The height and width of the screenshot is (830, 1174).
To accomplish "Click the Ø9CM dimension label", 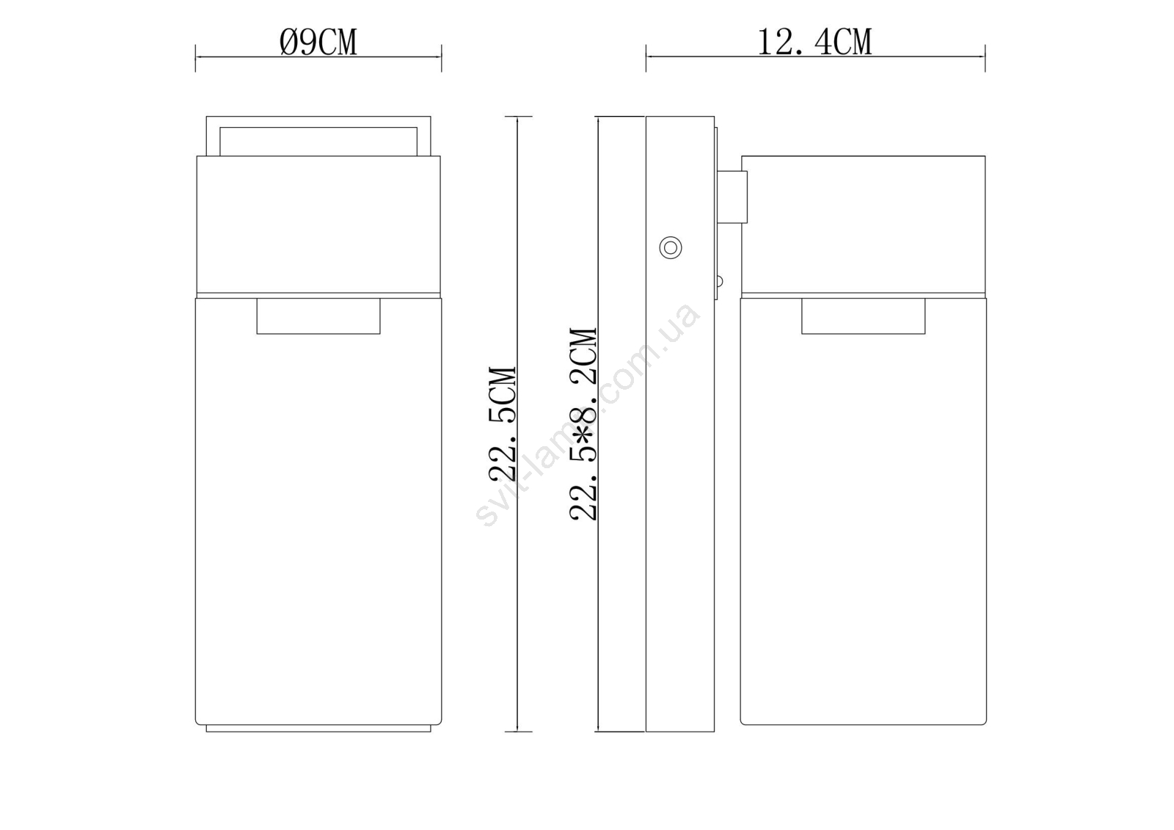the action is [x=318, y=42].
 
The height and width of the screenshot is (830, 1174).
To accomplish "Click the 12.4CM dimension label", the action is [x=814, y=42].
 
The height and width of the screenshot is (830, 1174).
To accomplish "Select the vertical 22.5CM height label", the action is [x=503, y=423].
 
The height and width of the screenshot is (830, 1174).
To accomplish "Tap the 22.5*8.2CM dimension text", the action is [x=583, y=423].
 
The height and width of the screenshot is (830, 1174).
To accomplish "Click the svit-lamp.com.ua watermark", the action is [x=587, y=414].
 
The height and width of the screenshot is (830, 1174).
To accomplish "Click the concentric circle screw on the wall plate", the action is [x=671, y=247].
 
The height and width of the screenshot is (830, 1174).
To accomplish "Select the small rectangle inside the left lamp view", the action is [x=318, y=316].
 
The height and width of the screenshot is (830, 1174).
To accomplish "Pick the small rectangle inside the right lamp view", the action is [x=863, y=316].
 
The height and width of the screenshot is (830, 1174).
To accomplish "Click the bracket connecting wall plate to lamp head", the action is [x=732, y=197].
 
